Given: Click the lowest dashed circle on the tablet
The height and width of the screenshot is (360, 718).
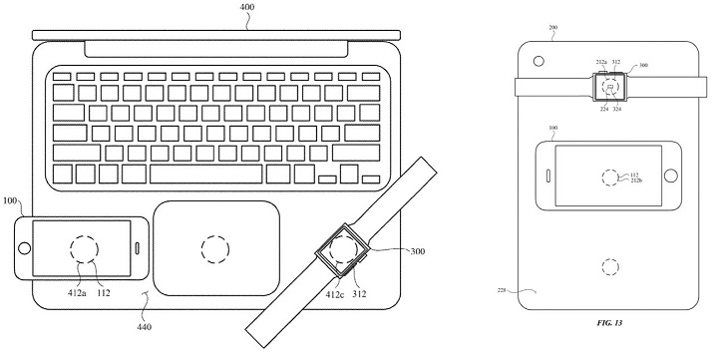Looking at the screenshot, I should (x=607, y=267).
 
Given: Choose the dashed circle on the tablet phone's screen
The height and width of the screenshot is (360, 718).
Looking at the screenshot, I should (x=607, y=178).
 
